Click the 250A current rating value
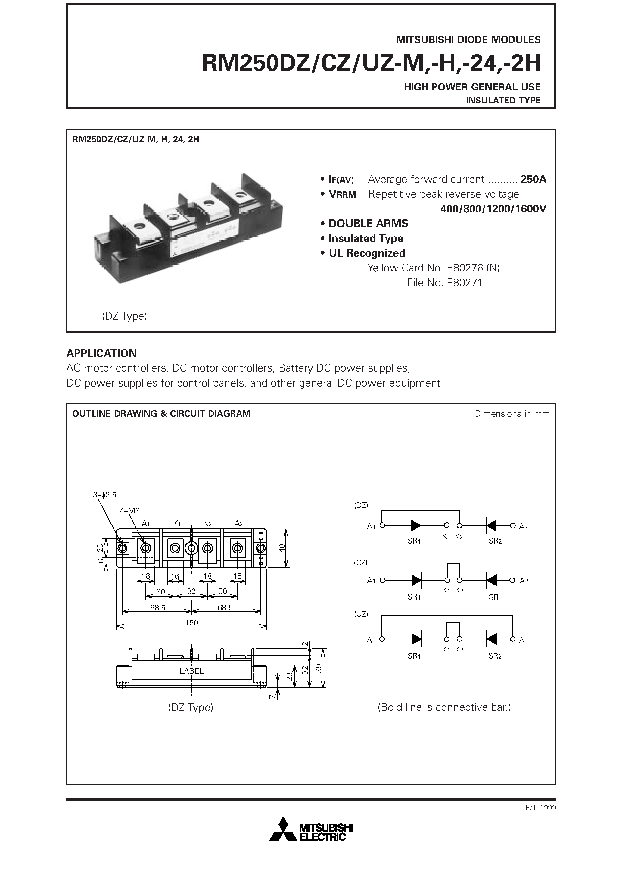click(533, 179)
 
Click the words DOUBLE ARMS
click(368, 223)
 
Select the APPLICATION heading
click(102, 353)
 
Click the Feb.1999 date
click(540, 808)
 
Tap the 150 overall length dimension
click(191, 622)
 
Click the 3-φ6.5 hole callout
click(104, 495)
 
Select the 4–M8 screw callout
click(130, 511)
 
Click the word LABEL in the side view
click(191, 671)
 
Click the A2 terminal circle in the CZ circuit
click(512, 580)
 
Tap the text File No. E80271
click(444, 283)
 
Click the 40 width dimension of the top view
click(282, 548)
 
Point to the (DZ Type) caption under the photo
click(125, 316)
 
